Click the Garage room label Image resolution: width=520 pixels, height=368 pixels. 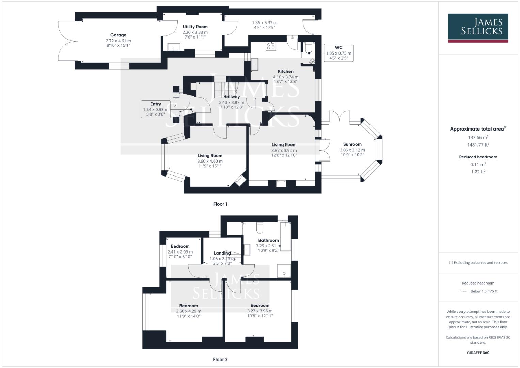pyautogui.click(x=118, y=35)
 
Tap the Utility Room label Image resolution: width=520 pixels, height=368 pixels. pyautogui.click(x=195, y=27)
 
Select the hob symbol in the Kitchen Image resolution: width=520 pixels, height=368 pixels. pyautogui.click(x=271, y=46)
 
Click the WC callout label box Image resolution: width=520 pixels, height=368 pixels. pyautogui.click(x=338, y=53)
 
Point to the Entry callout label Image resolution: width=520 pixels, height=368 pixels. pyautogui.click(x=156, y=109)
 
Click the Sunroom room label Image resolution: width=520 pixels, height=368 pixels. pyautogui.click(x=352, y=144)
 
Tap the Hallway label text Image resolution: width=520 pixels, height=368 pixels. pyautogui.click(x=232, y=97)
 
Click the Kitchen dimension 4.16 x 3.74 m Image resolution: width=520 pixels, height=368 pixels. pyautogui.click(x=285, y=77)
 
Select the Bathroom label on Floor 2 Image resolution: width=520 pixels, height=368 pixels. pyautogui.click(x=268, y=240)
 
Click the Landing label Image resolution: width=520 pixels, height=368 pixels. pyautogui.click(x=222, y=253)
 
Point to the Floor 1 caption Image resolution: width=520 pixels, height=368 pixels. pyautogui.click(x=220, y=204)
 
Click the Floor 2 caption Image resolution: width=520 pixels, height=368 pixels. pyautogui.click(x=220, y=359)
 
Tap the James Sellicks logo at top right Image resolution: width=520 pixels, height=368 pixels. pyautogui.click(x=478, y=28)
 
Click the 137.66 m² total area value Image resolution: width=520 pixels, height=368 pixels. pyautogui.click(x=478, y=137)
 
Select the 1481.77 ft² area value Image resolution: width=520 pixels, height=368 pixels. pyautogui.click(x=478, y=144)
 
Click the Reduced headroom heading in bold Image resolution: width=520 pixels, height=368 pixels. pyautogui.click(x=478, y=157)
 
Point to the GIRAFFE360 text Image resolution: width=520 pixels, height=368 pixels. pyautogui.click(x=478, y=353)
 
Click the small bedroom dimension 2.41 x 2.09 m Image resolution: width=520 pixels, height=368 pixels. pyautogui.click(x=180, y=252)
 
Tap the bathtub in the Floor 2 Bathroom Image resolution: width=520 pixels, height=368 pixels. pyautogui.click(x=285, y=236)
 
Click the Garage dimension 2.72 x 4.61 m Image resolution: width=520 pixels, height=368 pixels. pyautogui.click(x=118, y=41)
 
